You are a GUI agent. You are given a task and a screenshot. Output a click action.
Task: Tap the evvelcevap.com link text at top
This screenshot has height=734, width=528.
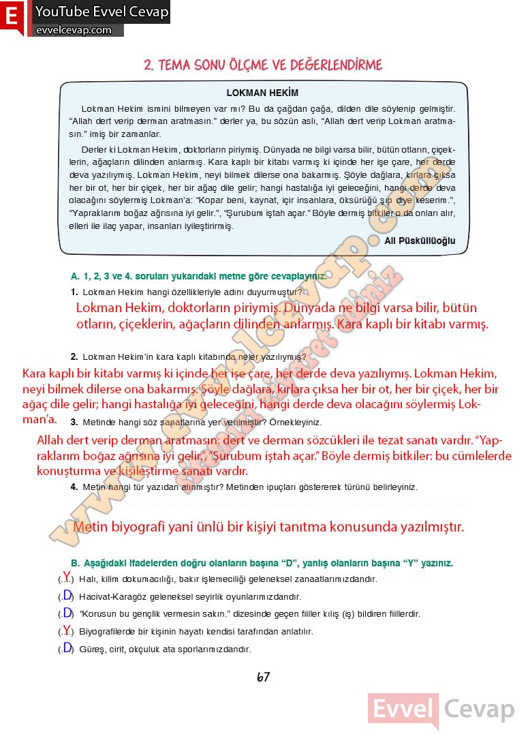pos(73,30)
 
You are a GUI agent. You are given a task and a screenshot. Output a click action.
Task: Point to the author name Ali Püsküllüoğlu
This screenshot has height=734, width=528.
pos(420,241)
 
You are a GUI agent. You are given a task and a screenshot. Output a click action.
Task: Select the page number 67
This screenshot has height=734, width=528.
pos(263,677)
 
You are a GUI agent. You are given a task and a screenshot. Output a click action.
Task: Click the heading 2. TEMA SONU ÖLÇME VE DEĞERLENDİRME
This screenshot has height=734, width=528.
pos(263,65)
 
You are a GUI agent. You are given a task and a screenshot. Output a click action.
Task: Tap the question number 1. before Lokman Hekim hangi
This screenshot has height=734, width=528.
pos(74,292)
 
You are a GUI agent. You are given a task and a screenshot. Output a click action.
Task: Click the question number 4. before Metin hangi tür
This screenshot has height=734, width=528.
pos(74,487)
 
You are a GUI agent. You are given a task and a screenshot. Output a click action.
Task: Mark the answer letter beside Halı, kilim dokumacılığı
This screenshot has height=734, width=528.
pos(66,577)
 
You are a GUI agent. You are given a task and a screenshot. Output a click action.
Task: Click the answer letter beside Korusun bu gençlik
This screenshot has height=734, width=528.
pos(67,612)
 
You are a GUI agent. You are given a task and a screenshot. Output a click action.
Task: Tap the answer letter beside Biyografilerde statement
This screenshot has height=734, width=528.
pos(66,630)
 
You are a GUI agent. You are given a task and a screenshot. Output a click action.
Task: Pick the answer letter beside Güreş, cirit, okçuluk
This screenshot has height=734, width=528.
pos(67,647)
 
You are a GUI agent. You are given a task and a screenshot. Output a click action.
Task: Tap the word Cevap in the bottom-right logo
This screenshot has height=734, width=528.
pos(480,709)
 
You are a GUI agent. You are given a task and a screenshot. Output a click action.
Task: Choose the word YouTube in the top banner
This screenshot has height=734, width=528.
pos(65,12)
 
